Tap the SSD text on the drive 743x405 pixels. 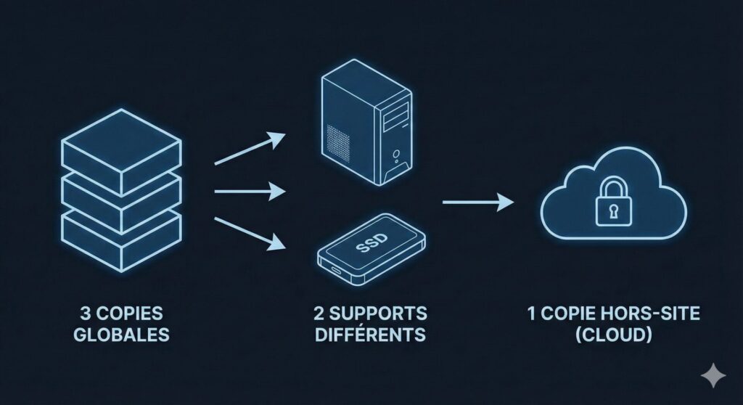point(372,246)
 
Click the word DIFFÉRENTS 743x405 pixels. point(370,335)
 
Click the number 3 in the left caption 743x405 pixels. point(85,315)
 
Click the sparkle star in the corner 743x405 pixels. point(713,375)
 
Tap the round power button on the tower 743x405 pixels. point(396,154)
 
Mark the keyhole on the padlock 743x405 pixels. point(607,212)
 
